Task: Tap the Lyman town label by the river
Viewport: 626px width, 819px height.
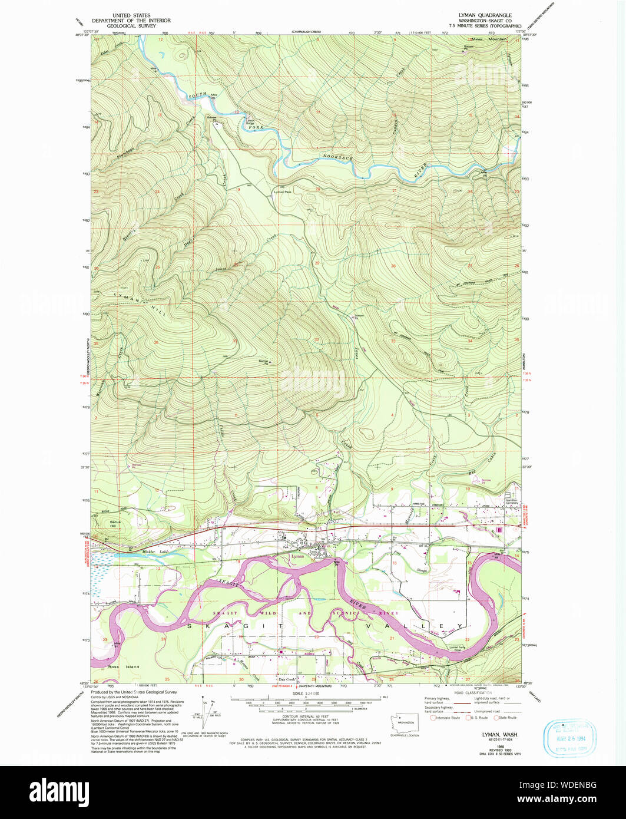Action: coord(297,556)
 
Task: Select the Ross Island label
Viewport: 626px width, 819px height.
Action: coord(124,666)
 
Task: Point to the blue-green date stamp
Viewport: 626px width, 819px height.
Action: coord(569,738)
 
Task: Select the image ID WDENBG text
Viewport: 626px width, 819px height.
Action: coord(575,785)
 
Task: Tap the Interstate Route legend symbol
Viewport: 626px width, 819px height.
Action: coord(435,717)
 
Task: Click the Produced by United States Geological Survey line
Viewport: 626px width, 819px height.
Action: coord(134,692)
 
